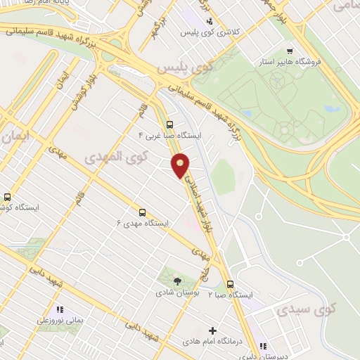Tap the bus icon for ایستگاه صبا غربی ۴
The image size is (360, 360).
click(169, 124)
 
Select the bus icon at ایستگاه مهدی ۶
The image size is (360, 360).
click(143, 212)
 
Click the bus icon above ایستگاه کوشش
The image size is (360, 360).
click(8, 198)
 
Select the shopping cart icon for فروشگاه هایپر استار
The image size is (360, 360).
click(290, 51)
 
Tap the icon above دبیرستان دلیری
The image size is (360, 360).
click(262, 346)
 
